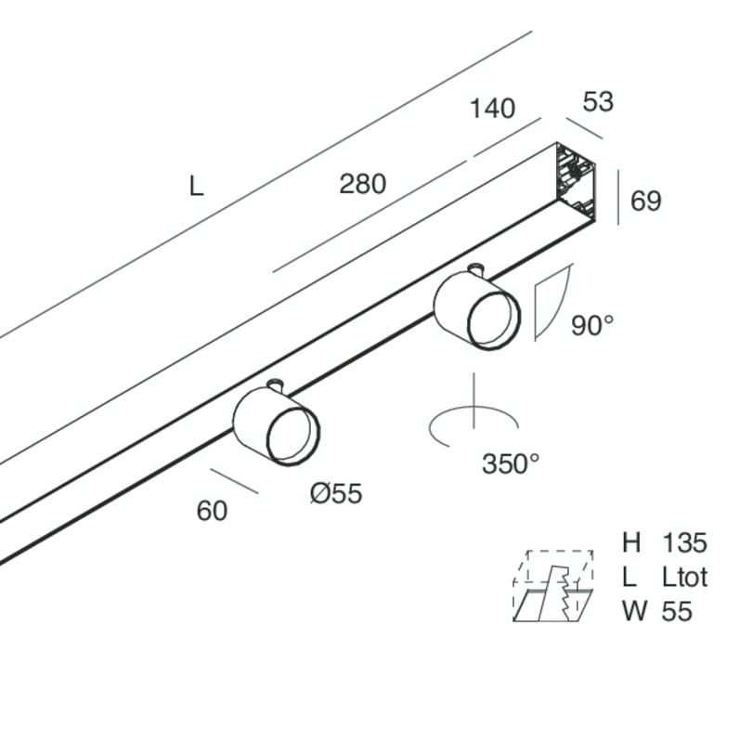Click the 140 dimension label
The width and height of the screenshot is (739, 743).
tap(492, 109)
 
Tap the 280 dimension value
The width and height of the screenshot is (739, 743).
tap(363, 184)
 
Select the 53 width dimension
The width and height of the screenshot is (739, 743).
tap(598, 102)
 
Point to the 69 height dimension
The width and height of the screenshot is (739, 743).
tap(645, 201)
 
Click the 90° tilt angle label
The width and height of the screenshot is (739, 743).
tap(592, 326)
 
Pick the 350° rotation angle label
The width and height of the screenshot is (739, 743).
tap(511, 463)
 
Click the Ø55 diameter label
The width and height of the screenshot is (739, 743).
tap(336, 493)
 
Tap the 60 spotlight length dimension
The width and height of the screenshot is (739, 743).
tap(212, 511)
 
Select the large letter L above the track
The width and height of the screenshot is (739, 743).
tap(196, 187)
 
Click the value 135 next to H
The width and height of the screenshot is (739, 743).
tap(684, 542)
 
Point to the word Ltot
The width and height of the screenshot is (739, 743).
tap(684, 577)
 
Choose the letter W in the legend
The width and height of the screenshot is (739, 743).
tap(635, 611)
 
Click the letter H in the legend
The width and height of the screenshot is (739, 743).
tap(631, 542)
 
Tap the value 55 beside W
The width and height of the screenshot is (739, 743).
tap(677, 611)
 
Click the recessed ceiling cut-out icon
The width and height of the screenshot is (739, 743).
tap(553, 586)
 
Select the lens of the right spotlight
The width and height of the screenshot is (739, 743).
tap(493, 320)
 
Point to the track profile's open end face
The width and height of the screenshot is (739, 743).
tap(576, 181)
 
